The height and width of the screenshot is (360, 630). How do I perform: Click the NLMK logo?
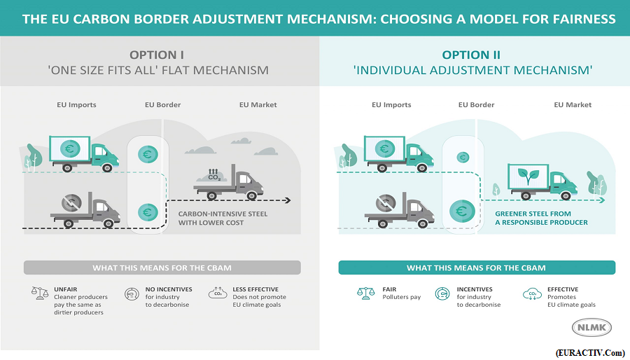[x=591, y=328]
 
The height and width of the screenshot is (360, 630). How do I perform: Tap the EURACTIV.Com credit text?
[x=591, y=353]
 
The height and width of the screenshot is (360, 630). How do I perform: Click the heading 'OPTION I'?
[x=157, y=55]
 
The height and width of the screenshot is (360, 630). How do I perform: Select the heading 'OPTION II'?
[x=471, y=55]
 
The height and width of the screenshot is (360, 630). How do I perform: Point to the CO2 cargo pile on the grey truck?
[x=214, y=175]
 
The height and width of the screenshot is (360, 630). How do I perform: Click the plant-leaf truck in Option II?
[x=542, y=181]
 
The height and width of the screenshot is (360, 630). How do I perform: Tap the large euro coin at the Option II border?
[x=462, y=212]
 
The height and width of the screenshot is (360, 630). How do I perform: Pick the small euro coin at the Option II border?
[x=463, y=157]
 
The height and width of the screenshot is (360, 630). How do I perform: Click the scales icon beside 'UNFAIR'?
[x=40, y=293]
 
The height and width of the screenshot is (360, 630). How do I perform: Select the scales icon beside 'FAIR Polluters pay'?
[x=365, y=293]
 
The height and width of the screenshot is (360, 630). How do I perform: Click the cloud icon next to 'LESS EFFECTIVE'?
[x=218, y=293]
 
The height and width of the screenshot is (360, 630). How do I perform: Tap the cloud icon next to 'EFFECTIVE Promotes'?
[x=533, y=293]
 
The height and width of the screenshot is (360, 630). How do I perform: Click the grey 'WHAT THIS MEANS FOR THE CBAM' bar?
[x=162, y=268]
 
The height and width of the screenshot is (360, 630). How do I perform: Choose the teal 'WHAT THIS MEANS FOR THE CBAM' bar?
[x=477, y=268]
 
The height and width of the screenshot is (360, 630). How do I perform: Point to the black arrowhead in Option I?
[x=287, y=200]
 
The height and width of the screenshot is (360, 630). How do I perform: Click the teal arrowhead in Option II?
[x=602, y=200]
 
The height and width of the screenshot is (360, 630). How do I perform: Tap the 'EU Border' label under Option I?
[x=162, y=105]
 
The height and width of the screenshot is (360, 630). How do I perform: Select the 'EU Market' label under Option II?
[x=573, y=105]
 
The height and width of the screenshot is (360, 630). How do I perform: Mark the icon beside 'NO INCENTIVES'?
[x=132, y=293]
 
